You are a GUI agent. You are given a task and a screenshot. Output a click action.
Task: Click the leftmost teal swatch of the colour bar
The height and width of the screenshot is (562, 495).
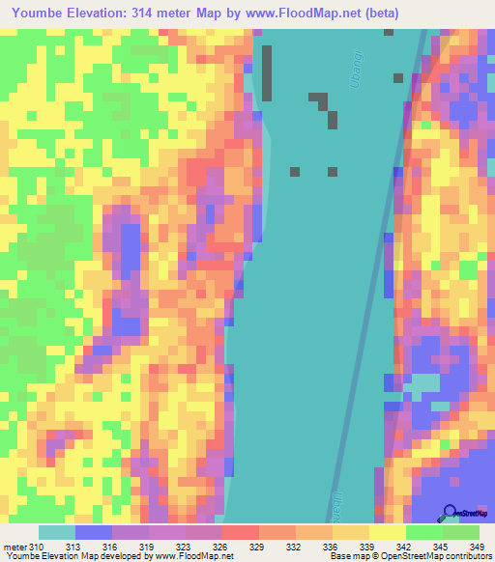tap(57, 532)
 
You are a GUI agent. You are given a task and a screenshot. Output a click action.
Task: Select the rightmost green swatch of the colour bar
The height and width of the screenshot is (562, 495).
tap(461, 532)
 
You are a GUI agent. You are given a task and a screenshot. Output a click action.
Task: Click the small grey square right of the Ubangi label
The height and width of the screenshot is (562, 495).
tap(397, 77)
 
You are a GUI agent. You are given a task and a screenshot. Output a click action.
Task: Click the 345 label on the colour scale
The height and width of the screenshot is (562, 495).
tap(442, 548)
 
